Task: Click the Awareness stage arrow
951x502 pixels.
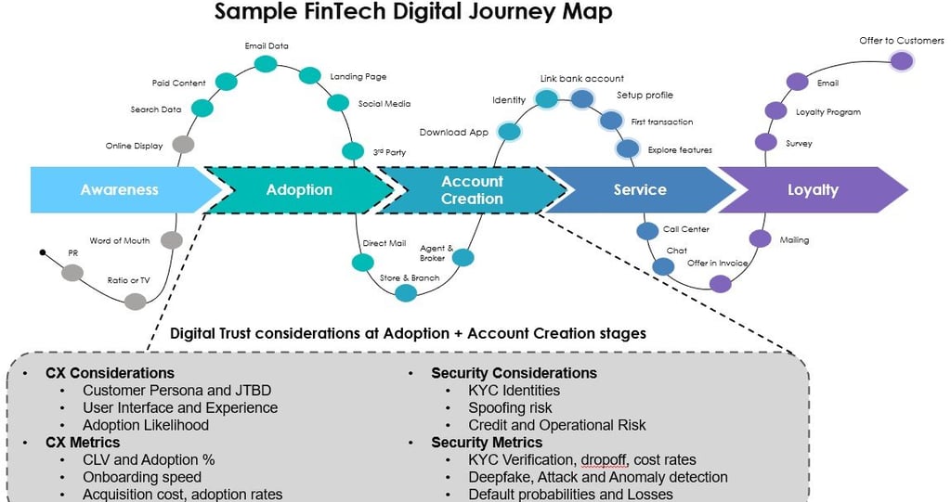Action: pos(120,189)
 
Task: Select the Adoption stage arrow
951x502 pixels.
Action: pos(299,189)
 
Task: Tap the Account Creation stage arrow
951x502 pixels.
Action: pos(472,189)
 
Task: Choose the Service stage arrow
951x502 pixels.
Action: pos(640,189)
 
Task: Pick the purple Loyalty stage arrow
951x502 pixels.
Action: pos(813,189)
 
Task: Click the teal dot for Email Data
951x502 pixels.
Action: pos(266,63)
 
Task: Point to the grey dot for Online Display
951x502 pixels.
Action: pos(183,145)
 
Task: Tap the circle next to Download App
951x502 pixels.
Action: pos(508,132)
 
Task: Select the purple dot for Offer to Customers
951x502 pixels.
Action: pos(901,61)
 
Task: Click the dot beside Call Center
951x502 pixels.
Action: pos(647,231)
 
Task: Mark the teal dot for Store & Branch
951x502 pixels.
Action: pos(406,292)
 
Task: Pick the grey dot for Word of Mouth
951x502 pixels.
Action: pos(171,240)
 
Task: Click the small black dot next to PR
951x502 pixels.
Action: pos(43,251)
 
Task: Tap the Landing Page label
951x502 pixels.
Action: pos(358,77)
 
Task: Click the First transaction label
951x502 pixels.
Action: pos(661,122)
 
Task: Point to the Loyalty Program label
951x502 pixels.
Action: pos(828,112)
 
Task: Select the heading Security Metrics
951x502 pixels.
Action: pos(487,443)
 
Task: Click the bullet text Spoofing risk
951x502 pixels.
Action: pos(510,408)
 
